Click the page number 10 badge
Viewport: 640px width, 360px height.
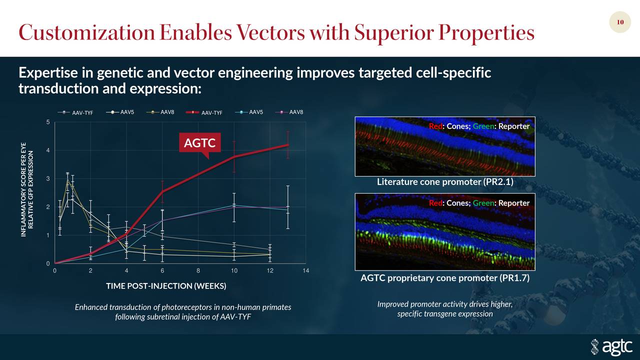tap(620, 22)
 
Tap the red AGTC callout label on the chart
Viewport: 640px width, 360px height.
tap(199, 143)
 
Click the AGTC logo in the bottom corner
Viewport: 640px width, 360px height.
tap(611, 346)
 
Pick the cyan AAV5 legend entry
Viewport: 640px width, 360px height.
tap(248, 112)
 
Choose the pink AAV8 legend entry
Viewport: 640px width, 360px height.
tap(289, 112)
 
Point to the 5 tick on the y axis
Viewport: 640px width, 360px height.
tap(47, 122)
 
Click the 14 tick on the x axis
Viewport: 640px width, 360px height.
tap(306, 271)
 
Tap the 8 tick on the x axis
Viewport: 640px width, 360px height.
tap(198, 271)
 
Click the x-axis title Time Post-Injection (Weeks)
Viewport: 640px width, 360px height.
tap(166, 286)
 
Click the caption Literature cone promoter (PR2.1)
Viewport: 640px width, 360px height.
tap(445, 182)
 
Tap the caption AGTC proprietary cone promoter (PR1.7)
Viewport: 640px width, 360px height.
tap(445, 278)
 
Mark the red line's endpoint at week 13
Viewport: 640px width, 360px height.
tap(287, 145)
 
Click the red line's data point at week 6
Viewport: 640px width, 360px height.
tap(162, 191)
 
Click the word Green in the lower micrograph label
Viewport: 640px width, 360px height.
tap(482, 203)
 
